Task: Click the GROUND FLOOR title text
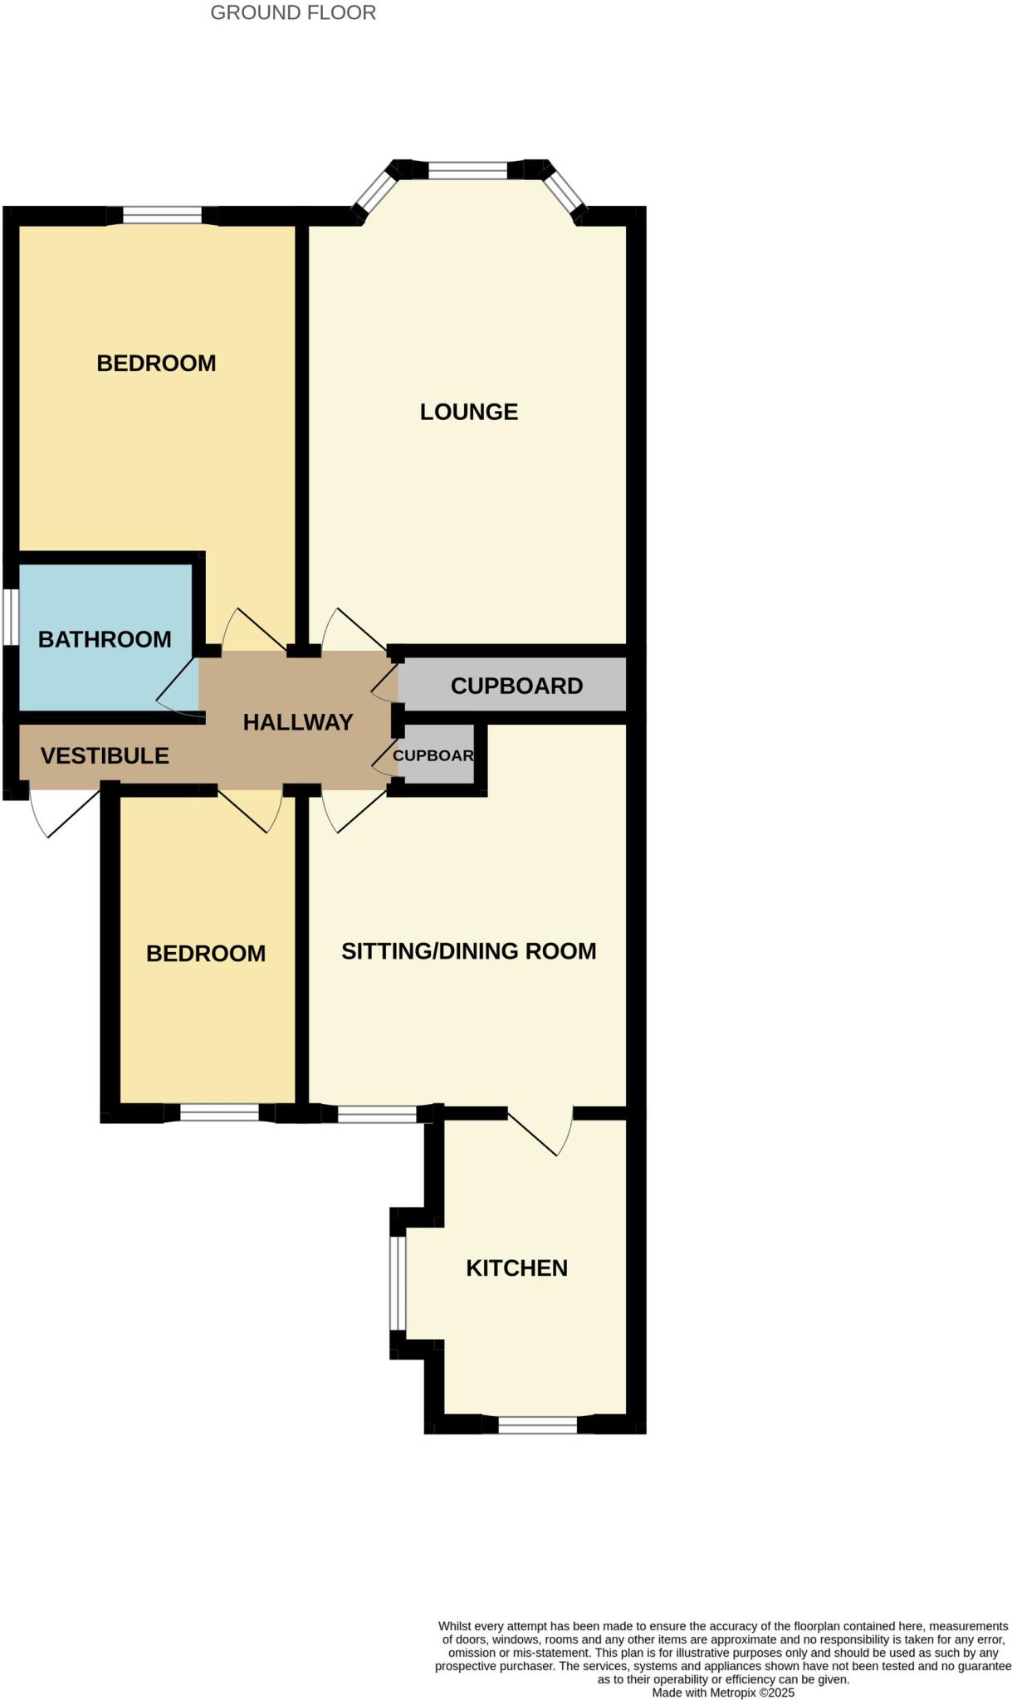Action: [x=293, y=12]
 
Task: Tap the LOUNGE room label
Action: [x=468, y=412]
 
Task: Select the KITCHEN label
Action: [x=516, y=1268]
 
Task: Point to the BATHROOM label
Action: [x=105, y=639]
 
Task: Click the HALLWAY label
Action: [x=298, y=722]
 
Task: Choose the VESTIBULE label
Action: [x=105, y=755]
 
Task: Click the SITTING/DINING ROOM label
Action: [x=468, y=950]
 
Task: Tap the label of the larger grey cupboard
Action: [x=516, y=686]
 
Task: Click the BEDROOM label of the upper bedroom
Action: [x=156, y=363]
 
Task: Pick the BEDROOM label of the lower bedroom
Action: [x=206, y=953]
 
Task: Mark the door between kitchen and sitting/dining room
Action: [x=540, y=1134]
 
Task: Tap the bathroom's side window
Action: [x=9, y=616]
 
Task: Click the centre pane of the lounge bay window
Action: [x=467, y=170]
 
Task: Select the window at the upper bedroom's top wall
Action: [x=163, y=216]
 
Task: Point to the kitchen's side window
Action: [x=398, y=1283]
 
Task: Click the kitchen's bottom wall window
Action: [x=537, y=1424]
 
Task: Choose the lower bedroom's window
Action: [x=219, y=1112]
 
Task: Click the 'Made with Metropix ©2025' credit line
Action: [x=723, y=1693]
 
